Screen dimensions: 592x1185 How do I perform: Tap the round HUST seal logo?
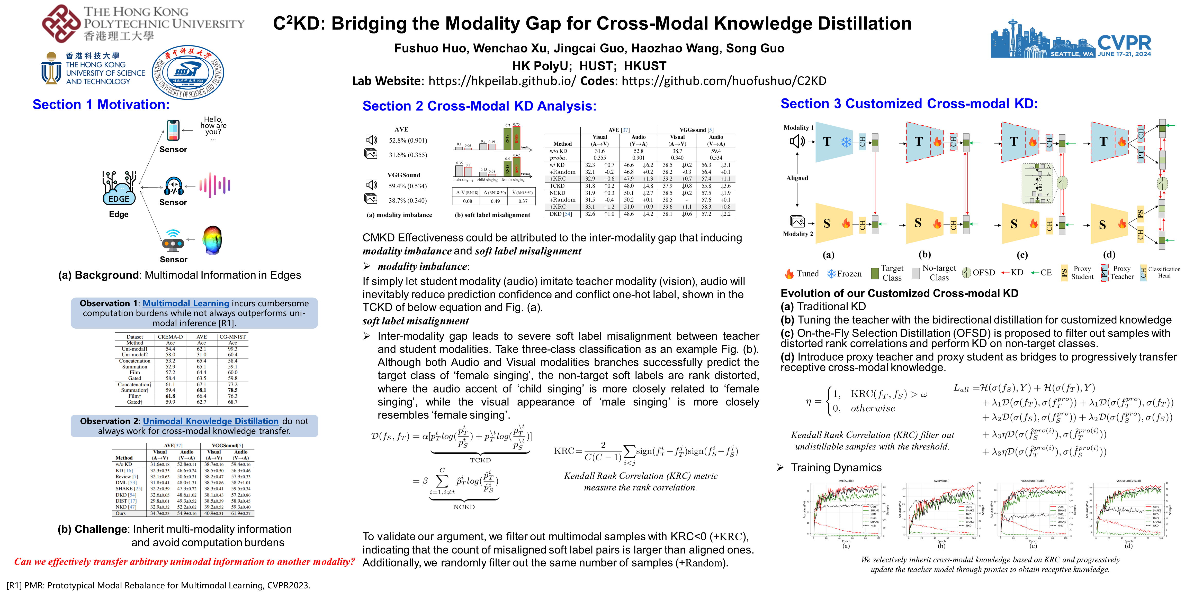tap(188, 72)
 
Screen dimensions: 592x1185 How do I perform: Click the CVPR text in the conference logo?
tap(1124, 43)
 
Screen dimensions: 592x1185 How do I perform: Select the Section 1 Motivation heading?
tap(101, 105)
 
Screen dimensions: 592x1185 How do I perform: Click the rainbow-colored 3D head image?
tap(212, 239)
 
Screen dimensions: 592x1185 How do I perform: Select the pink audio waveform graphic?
tap(215, 185)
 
